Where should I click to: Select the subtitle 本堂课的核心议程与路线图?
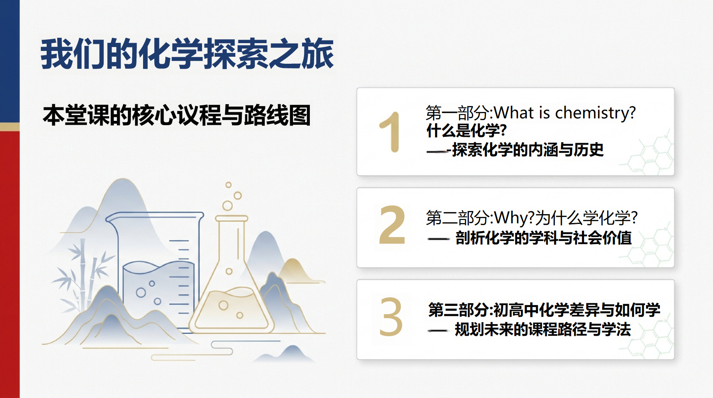pyautogui.click(x=177, y=115)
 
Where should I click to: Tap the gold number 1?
pyautogui.click(x=390, y=132)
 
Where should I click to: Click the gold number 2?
pyautogui.click(x=392, y=225)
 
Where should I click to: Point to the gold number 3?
pyautogui.click(x=391, y=317)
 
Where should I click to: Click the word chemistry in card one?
pyautogui.click(x=595, y=113)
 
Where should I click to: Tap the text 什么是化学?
pyautogui.click(x=467, y=131)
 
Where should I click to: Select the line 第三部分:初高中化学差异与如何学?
pyautogui.click(x=544, y=310)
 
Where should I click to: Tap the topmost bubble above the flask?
pyautogui.click(x=229, y=185)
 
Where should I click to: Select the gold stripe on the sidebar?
pyautogui.click(x=10, y=127)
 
